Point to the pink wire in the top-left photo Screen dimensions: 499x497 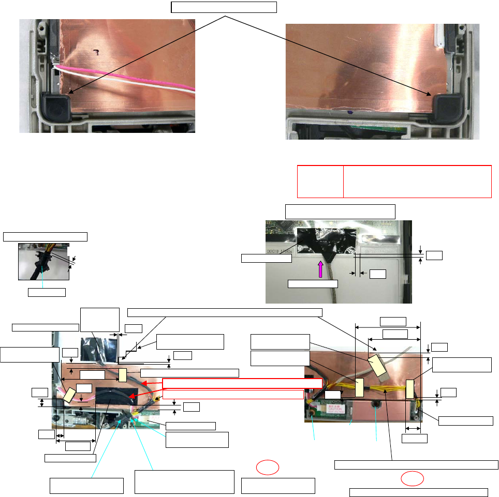coord(129,78)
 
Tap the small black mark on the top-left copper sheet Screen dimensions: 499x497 coord(96,51)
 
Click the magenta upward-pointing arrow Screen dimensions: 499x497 coord(320,269)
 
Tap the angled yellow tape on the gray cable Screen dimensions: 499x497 coord(377,365)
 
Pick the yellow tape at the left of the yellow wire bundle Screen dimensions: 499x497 coord(360,386)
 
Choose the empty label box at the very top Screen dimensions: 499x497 coord(224,7)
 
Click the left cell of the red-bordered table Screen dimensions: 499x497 coord(320,182)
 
